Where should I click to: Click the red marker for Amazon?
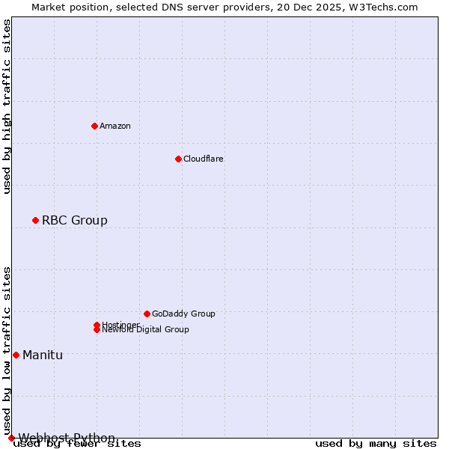(x=94, y=126)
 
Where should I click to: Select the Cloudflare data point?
(x=178, y=159)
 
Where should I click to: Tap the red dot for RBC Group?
(x=35, y=220)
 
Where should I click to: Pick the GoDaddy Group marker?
(x=147, y=314)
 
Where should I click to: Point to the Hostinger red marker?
(x=97, y=325)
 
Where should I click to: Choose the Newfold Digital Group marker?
(x=97, y=329)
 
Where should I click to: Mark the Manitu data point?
(x=16, y=355)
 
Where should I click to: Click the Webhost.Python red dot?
(x=11, y=438)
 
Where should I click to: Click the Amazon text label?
(x=115, y=126)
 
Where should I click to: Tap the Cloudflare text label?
(x=204, y=159)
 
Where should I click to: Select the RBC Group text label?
(x=75, y=220)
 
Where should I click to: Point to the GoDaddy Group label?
(x=183, y=314)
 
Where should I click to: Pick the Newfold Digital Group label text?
(x=146, y=330)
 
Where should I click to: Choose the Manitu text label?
(x=43, y=355)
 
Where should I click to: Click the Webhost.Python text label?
(x=67, y=438)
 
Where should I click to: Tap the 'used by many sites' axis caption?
(x=376, y=443)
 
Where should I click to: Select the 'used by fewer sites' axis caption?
(x=78, y=443)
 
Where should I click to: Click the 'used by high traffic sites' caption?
(x=7, y=106)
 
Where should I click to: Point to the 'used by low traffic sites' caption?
(x=7, y=350)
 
